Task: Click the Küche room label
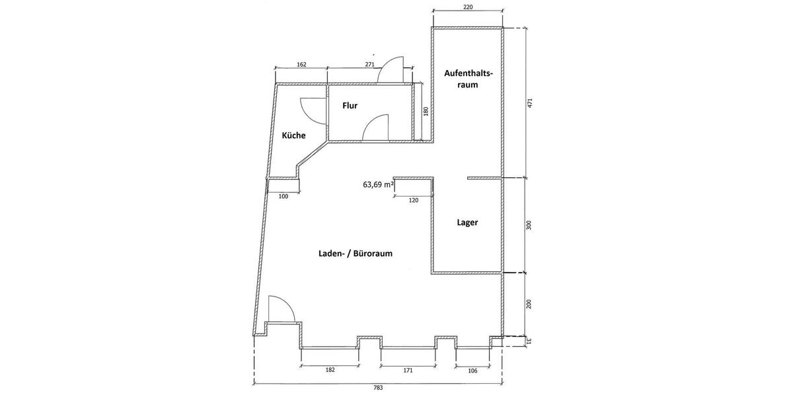(293, 135)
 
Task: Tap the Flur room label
(350, 105)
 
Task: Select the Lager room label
(467, 222)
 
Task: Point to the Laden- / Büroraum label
(356, 253)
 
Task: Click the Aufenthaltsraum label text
(469, 79)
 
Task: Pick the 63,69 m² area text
(379, 185)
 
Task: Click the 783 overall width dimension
(378, 388)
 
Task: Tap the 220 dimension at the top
(468, 7)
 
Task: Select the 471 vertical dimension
(529, 103)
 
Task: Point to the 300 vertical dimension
(529, 225)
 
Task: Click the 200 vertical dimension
(529, 304)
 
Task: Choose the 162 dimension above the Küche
(301, 65)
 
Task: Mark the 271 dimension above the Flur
(369, 65)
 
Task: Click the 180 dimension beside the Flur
(426, 111)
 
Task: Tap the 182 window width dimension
(330, 370)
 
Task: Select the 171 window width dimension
(408, 370)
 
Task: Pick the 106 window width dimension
(472, 371)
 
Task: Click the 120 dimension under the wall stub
(414, 200)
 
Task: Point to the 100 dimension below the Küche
(283, 197)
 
